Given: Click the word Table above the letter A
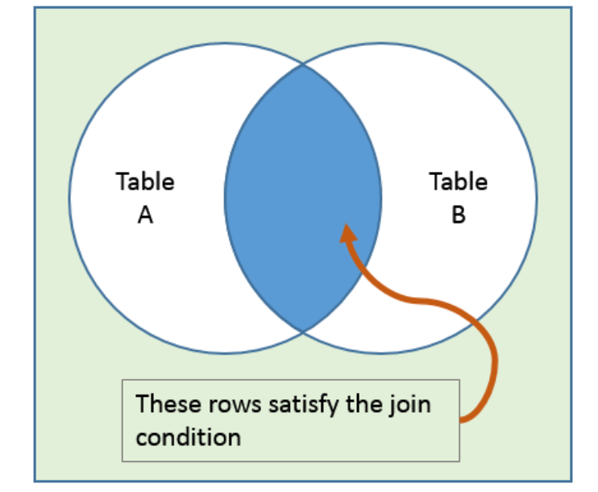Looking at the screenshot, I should coord(145,181).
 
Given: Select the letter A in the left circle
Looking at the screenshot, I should coord(145,215).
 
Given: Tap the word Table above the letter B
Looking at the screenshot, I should coord(458,181).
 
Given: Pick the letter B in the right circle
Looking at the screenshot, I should coord(458,215).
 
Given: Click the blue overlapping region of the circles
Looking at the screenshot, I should coord(302,161).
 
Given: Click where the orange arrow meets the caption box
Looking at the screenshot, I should coord(460,419).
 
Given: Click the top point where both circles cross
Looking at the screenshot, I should coord(303,65).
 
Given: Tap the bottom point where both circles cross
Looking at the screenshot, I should coord(303,331).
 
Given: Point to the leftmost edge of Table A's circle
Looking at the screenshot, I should coord(69,198).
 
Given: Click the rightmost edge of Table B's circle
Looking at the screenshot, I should coord(537,198).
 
